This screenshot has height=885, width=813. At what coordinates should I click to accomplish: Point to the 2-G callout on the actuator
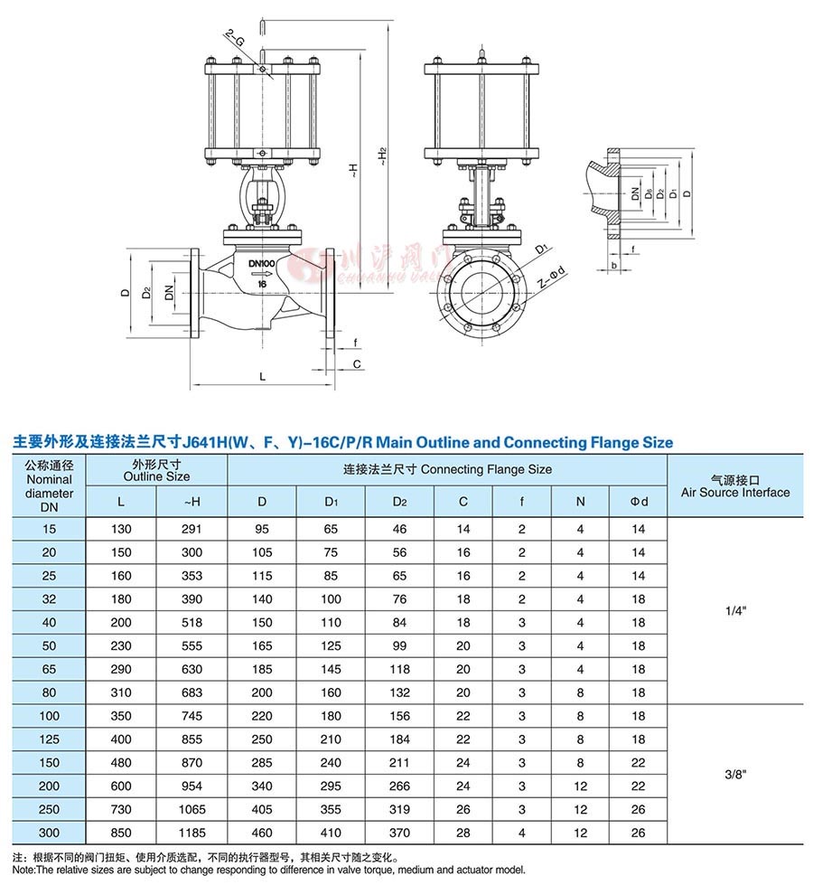click(233, 41)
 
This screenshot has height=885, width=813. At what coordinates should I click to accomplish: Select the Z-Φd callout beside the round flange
click(549, 279)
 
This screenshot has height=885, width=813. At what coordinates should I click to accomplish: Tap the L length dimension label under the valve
click(262, 374)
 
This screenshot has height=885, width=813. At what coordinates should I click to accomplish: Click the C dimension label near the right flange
click(357, 363)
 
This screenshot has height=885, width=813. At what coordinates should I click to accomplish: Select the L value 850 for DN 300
click(121, 833)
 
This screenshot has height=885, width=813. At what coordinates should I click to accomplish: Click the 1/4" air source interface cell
click(734, 610)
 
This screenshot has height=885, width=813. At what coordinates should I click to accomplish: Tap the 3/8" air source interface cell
click(734, 775)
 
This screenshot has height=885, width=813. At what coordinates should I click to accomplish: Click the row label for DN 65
click(49, 670)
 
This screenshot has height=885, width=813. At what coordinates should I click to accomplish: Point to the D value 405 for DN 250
click(262, 810)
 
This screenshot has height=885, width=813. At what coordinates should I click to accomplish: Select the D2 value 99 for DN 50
click(399, 646)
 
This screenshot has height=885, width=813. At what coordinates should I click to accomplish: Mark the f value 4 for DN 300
click(521, 833)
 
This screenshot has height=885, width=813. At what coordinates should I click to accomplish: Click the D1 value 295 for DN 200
click(331, 786)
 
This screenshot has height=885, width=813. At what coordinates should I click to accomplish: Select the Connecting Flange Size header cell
click(447, 469)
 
